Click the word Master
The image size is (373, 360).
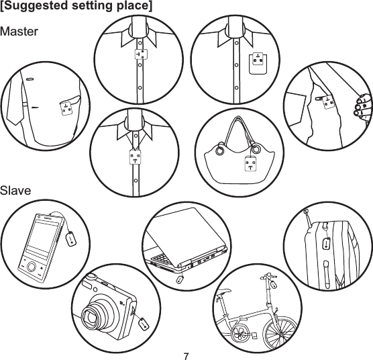(x=20, y=32)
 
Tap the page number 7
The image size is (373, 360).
(x=186, y=353)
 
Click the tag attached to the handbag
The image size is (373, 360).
(x=252, y=165)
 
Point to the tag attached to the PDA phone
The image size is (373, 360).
(x=73, y=238)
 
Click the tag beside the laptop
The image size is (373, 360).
(x=180, y=278)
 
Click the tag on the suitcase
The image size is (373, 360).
(x=327, y=242)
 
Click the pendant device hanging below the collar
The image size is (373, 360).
(x=135, y=159)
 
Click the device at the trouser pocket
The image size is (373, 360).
(x=327, y=102)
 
